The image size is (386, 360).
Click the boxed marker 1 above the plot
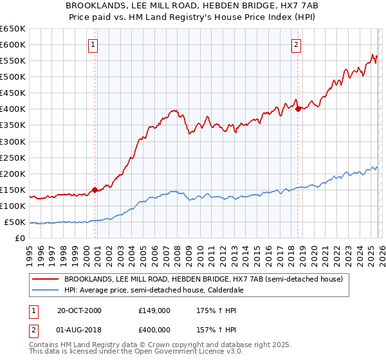point(94,45)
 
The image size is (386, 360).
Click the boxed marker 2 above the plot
point(296,45)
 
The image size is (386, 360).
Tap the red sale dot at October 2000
point(95,190)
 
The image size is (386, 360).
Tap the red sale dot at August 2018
point(299,109)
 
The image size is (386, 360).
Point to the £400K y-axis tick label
point(12,109)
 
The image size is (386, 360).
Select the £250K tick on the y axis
point(12,157)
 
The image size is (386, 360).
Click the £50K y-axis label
point(15,222)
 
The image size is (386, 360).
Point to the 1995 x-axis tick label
point(29,253)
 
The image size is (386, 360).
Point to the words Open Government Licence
point(183,353)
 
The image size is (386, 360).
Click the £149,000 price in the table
point(154,310)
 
